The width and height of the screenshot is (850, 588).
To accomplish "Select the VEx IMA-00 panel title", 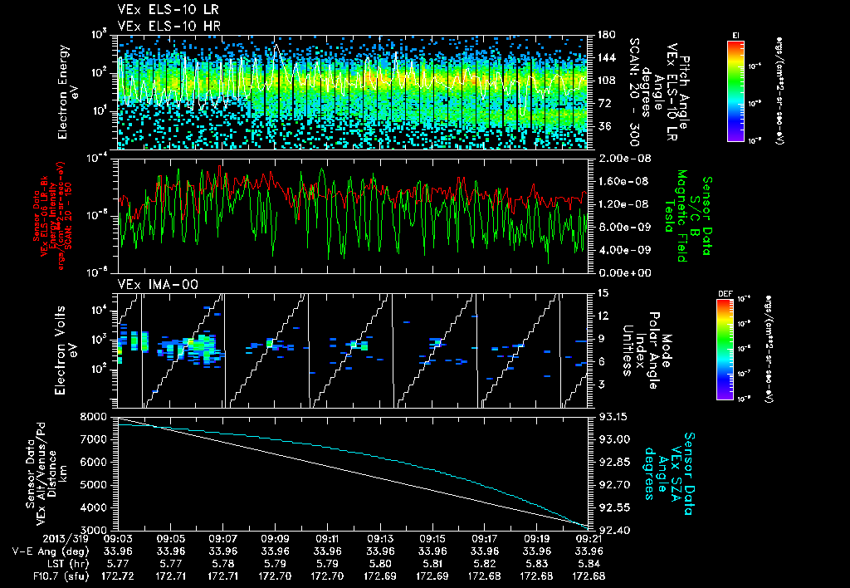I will tap(149, 284).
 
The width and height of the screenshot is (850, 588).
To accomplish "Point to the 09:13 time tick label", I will tap(379, 538).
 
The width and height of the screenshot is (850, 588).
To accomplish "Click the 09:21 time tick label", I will tap(589, 538).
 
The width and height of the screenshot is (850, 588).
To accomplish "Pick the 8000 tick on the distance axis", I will tap(96, 416).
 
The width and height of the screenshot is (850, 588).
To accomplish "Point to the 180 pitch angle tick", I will tap(604, 35).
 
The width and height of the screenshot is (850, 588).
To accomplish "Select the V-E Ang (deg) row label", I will tap(49, 551).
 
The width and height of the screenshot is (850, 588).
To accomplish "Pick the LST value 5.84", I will tap(589, 563).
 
